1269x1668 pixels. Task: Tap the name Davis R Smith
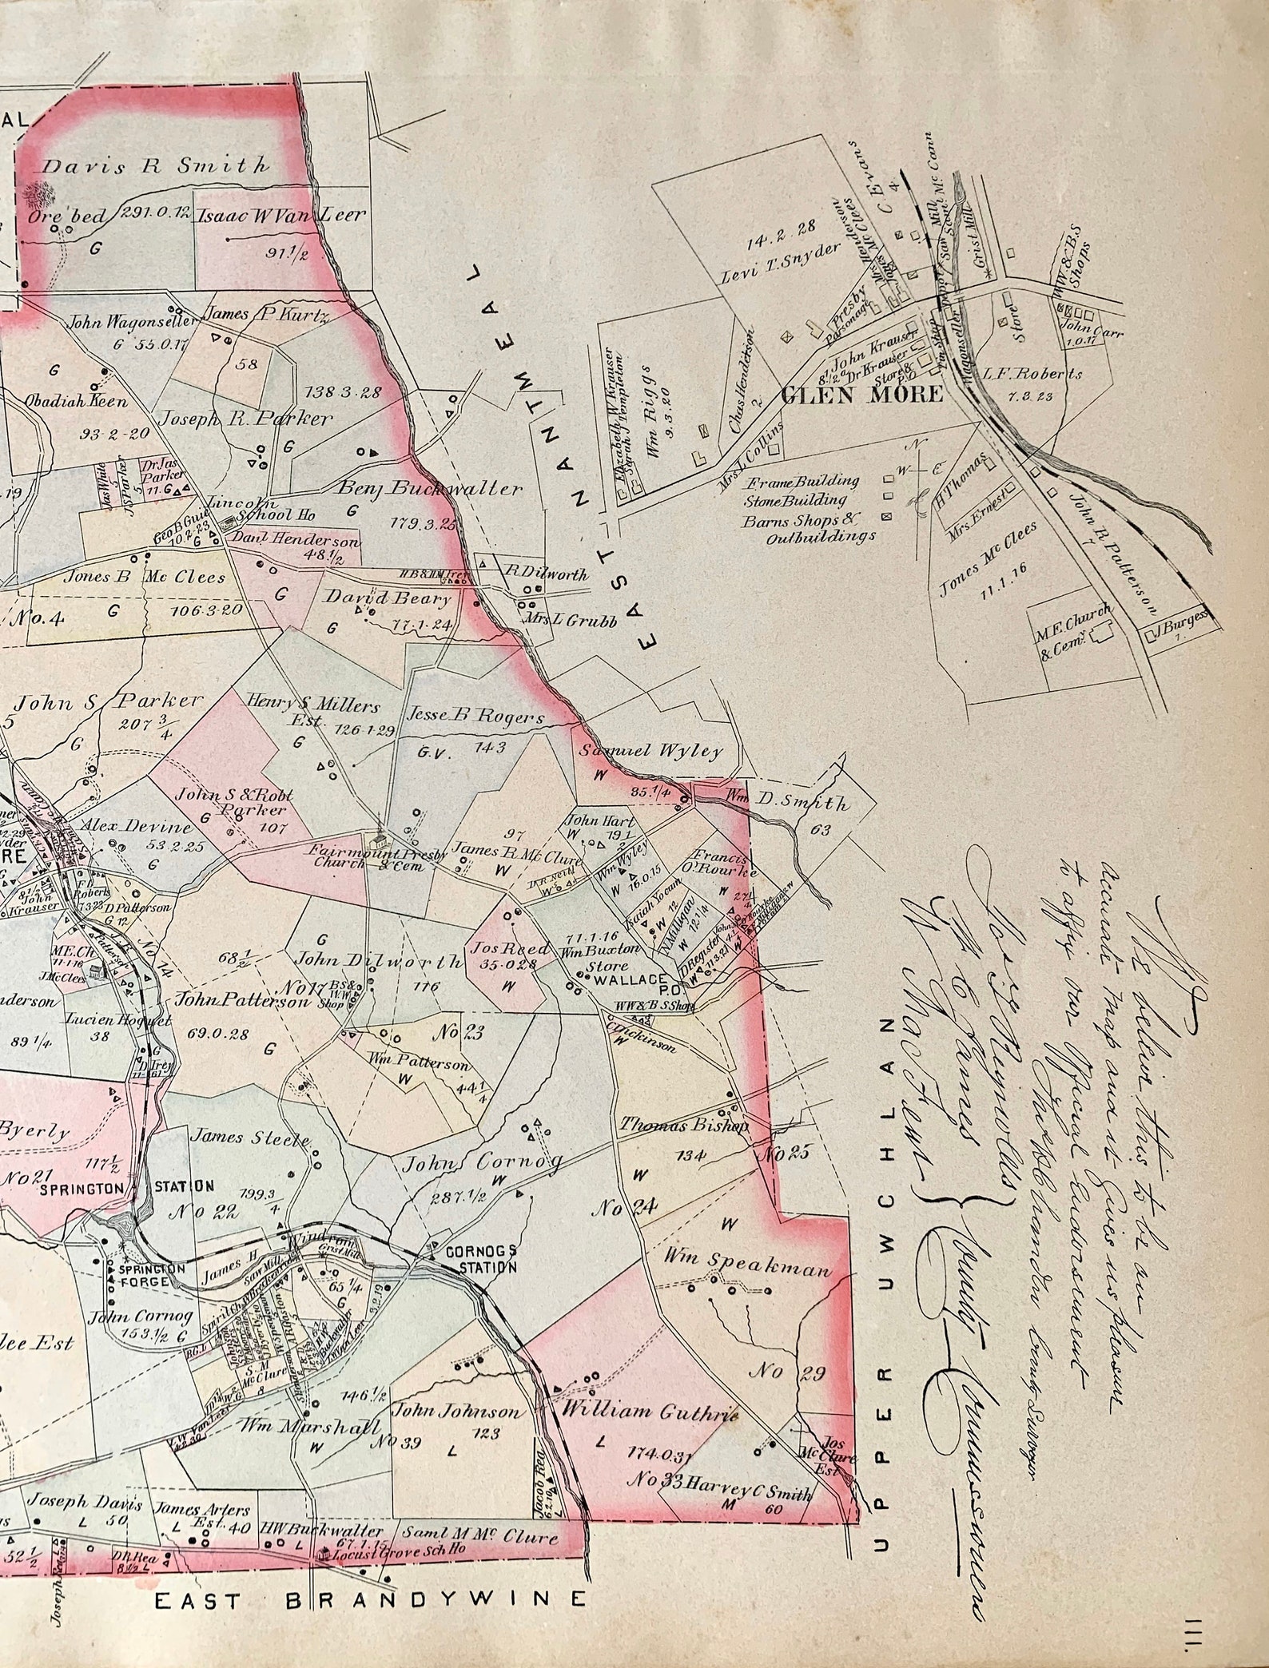[156, 166]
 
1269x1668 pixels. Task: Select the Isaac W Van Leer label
[282, 214]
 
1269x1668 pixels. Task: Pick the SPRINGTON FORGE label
[152, 1274]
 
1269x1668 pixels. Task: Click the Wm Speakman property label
[748, 1269]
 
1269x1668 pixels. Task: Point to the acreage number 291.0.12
[154, 213]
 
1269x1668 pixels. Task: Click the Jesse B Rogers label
[476, 717]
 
